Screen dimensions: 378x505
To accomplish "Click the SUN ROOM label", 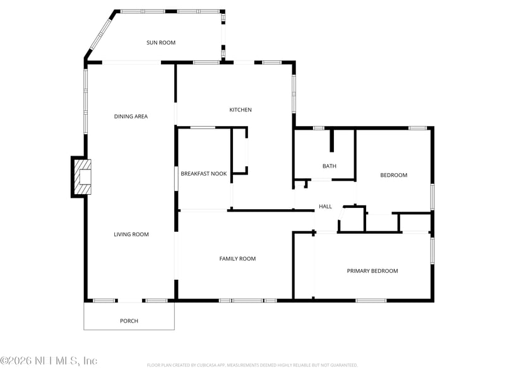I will tap(161, 43).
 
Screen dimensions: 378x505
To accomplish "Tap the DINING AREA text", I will tap(131, 117).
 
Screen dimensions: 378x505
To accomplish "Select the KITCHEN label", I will tap(240, 110).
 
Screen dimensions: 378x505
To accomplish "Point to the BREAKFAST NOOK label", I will tap(203, 173).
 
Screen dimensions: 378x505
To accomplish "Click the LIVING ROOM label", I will tap(131, 234).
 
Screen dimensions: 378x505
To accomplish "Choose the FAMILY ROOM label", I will tap(237, 259).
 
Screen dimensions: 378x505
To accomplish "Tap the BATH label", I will tap(329, 166).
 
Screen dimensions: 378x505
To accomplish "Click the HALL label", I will tap(325, 207).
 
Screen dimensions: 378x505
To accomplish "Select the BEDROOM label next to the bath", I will tap(393, 175).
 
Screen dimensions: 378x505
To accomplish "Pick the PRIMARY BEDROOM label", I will tap(372, 271).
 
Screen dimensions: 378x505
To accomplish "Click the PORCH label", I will tap(129, 321).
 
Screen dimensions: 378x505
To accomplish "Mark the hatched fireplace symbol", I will tap(83, 177).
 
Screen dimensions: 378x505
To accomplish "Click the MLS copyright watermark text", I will tap(49, 361).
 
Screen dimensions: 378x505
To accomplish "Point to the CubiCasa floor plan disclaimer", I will tap(252, 365).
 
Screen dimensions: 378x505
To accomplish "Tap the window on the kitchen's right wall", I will tap(294, 94).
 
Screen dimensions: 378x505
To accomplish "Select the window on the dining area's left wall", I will tap(85, 101).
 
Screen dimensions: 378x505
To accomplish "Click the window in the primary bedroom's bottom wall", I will tap(371, 301).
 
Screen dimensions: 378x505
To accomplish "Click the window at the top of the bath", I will tap(319, 129).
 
